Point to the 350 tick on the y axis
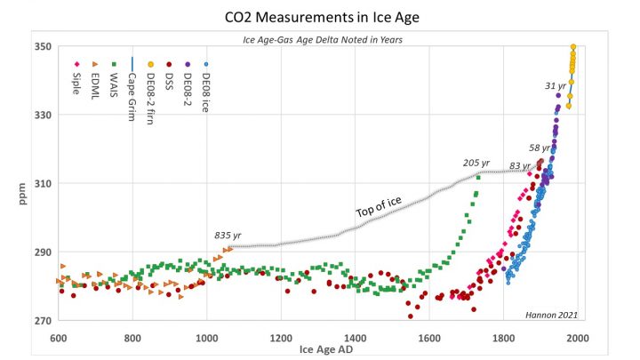point(41,46)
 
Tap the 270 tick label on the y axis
point(41,320)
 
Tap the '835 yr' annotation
point(228,236)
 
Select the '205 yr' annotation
point(476,163)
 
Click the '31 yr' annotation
point(555,85)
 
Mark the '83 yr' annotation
point(520,166)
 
